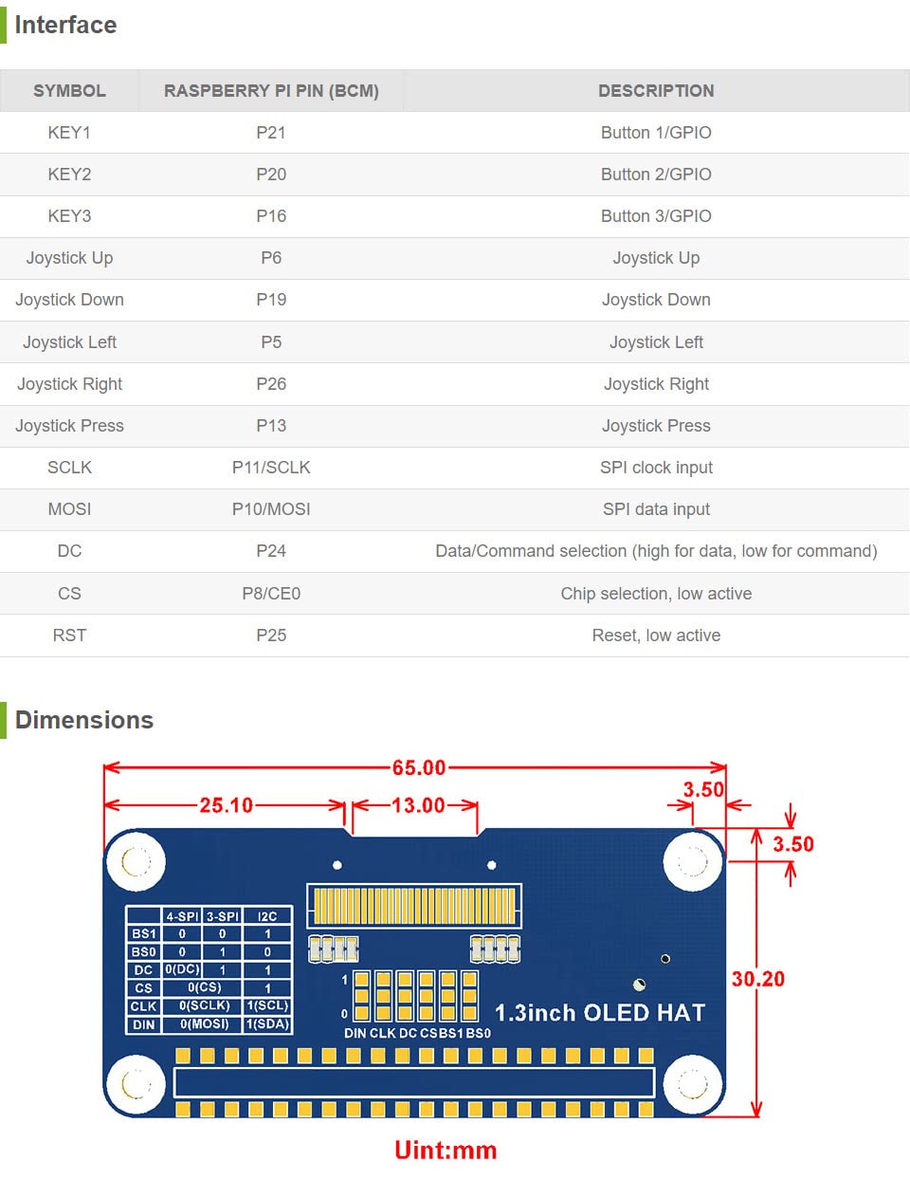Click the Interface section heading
pyautogui.click(x=65, y=26)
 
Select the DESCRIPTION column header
pyautogui.click(x=656, y=91)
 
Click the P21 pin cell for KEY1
pyautogui.click(x=271, y=133)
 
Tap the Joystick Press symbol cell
pyautogui.click(x=69, y=426)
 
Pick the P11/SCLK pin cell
pyautogui.click(x=271, y=468)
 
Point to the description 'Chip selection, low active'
pyautogui.click(x=656, y=594)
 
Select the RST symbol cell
pyautogui.click(x=69, y=636)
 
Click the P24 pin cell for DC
pyautogui.click(x=271, y=551)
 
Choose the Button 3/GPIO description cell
pyautogui.click(x=656, y=216)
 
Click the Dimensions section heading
pyautogui.click(x=83, y=720)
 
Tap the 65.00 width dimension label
pyautogui.click(x=419, y=767)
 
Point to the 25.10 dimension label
pyautogui.click(x=226, y=805)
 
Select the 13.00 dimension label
pyautogui.click(x=418, y=805)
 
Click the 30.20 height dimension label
pyautogui.click(x=758, y=979)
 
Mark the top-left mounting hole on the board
pyautogui.click(x=136, y=862)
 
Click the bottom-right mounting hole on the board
pyautogui.click(x=692, y=1083)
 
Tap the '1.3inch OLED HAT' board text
pyautogui.click(x=600, y=1013)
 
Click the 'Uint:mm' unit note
pyautogui.click(x=446, y=1151)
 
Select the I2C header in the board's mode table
pyautogui.click(x=267, y=916)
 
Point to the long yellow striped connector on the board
pyautogui.click(x=414, y=906)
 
